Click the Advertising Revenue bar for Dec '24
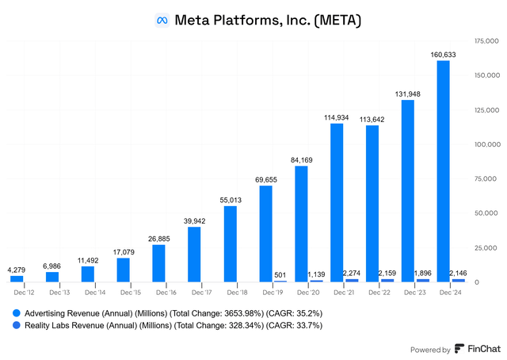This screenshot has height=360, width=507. (443, 171)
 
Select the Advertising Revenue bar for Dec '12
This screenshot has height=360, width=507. (17, 279)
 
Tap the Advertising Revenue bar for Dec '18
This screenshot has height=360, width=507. (231, 244)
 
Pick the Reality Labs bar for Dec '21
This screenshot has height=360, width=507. (352, 281)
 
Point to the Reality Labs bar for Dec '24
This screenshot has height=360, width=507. (459, 281)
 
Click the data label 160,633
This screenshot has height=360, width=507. (443, 55)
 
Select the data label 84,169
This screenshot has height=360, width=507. (301, 160)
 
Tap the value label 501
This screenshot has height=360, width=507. (280, 275)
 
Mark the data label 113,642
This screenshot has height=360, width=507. (372, 120)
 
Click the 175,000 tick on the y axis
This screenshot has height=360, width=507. (486, 40)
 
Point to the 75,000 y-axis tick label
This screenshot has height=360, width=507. (486, 178)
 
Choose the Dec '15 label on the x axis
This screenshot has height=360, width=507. (131, 293)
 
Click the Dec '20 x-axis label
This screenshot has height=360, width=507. (308, 293)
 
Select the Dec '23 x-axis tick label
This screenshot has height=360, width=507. (415, 293)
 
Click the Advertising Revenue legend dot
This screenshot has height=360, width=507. (16, 313)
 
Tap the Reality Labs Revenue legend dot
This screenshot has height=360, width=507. (16, 325)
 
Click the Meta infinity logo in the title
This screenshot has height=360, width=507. (162, 21)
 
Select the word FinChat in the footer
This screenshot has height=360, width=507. (484, 349)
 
